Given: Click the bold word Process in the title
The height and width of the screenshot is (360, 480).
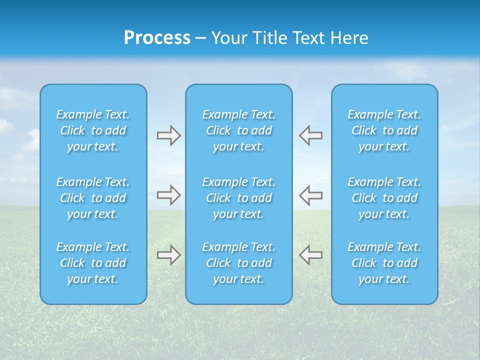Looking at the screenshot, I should coord(157,38).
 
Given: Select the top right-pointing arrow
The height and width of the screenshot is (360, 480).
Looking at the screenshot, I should coord(168,135).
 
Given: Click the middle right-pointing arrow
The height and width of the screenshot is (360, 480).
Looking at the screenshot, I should coord(168,195).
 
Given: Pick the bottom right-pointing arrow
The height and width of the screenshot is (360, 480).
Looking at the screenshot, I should coord(168,255).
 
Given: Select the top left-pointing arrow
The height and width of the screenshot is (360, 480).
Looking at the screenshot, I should coord(310,135).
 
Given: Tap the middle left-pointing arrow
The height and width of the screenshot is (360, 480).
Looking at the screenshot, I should coord(310,195).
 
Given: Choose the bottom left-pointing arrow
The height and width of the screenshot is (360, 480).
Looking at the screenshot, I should coord(310,255).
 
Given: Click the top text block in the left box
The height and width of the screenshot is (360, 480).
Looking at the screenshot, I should coord(93,130).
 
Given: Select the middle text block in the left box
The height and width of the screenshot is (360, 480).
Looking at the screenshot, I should coord(93,198).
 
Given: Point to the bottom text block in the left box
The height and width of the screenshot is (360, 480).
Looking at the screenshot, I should coord(93,263).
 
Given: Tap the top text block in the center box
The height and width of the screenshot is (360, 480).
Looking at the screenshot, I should coord(239,130).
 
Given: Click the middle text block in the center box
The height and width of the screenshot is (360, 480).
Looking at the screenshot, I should coord(239,198).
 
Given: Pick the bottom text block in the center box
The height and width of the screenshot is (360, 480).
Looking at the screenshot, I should coord(239,263).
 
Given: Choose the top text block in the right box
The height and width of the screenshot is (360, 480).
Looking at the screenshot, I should coord(384,130).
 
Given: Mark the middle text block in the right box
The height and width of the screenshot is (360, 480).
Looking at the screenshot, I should coord(384,198).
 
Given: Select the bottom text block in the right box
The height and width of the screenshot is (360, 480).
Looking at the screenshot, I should coord(384,263).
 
